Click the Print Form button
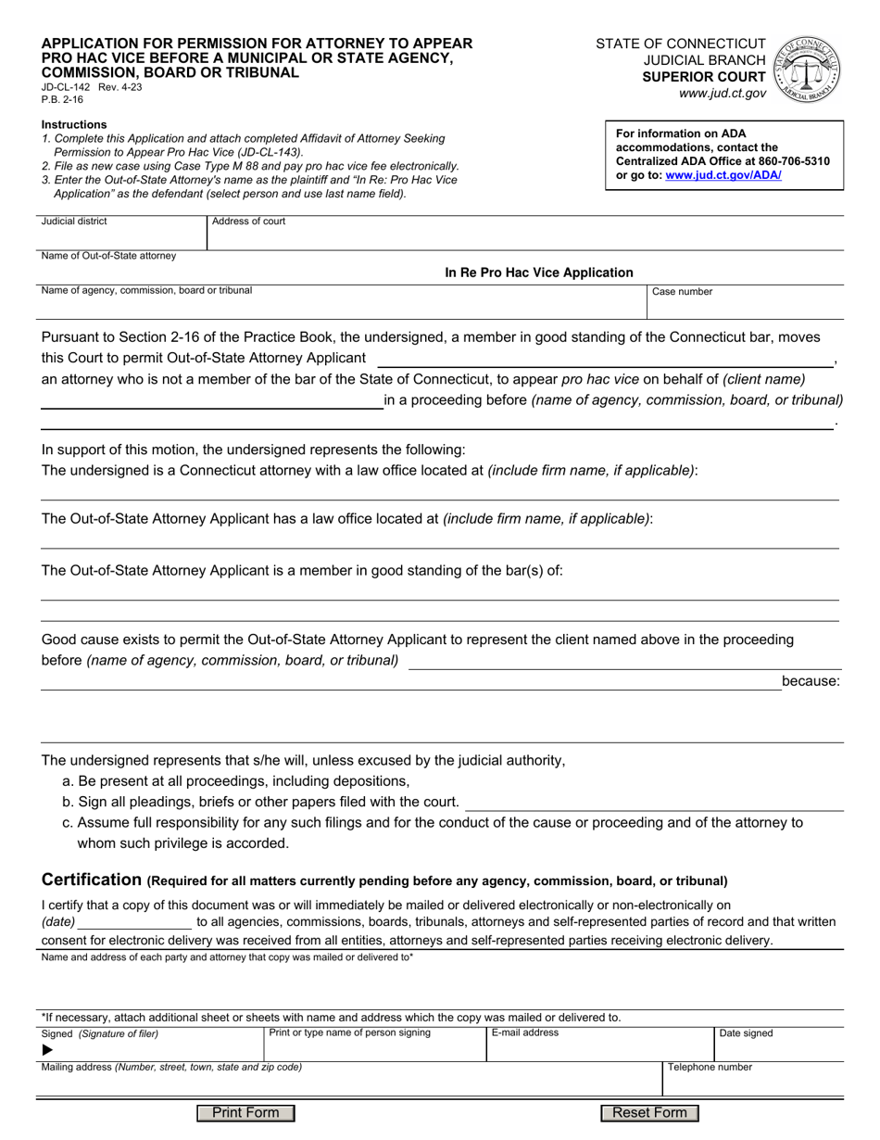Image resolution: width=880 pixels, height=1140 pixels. [245, 1112]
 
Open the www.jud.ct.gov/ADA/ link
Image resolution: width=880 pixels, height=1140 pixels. [723, 174]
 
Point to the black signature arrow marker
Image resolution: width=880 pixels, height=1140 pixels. [48, 1050]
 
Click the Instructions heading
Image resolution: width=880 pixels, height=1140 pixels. [74, 124]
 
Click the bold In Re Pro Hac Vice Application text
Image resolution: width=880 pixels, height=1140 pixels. [539, 272]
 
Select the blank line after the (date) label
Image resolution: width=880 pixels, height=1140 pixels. [135, 922]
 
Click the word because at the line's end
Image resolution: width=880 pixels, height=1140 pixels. [811, 681]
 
